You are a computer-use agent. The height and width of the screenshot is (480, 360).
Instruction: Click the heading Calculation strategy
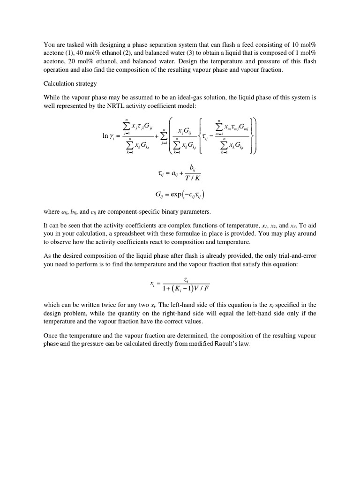point(70,84)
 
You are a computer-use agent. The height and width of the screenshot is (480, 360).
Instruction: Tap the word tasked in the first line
point(68,44)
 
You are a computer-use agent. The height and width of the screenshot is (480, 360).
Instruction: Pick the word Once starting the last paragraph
point(51,336)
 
